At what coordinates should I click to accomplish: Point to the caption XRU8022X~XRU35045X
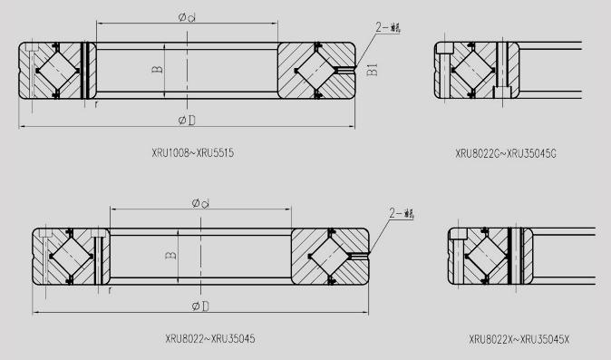coord(519,339)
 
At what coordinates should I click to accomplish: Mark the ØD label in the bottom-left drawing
coord(200,305)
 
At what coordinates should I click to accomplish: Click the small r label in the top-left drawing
coord(96,105)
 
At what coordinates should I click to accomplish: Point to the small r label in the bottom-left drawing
coord(110,292)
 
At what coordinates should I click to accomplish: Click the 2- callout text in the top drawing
coord(388,27)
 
